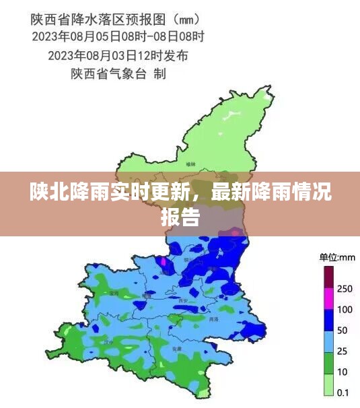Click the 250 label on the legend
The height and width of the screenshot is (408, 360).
[x=345, y=288]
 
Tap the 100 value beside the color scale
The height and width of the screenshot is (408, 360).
[x=345, y=310]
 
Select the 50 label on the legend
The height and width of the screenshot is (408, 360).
[x=343, y=331]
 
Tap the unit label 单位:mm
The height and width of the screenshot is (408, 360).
[x=337, y=257]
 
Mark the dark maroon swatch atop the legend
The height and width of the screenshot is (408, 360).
[x=329, y=277]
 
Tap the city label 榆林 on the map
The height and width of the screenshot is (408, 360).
[x=192, y=164]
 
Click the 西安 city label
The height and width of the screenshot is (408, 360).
[x=183, y=301]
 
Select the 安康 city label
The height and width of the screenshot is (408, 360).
[x=177, y=349]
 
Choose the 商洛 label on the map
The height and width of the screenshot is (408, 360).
[x=214, y=318]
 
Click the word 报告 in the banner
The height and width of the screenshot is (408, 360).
[x=180, y=217]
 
